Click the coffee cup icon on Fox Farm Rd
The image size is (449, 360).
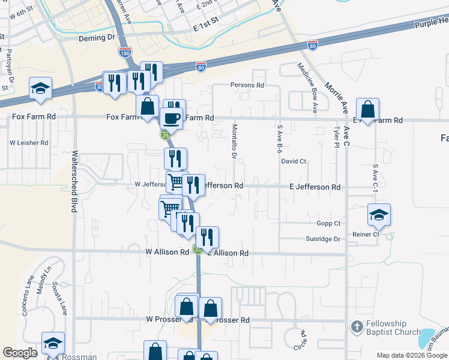pos(172,116)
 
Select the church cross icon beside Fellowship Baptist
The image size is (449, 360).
pos(357,328)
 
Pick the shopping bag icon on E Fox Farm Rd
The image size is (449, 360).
pos(367,110)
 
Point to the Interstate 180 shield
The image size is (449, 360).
pos(125,52)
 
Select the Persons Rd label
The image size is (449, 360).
pos(248,85)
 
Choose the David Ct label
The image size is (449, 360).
pos(294,161)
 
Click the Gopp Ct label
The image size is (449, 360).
pos(329,223)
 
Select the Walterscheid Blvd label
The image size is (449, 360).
pos(75,180)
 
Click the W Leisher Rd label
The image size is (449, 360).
pos(29,143)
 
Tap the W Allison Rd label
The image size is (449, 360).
pos(167,253)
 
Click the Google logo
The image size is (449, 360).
pos(20,353)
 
